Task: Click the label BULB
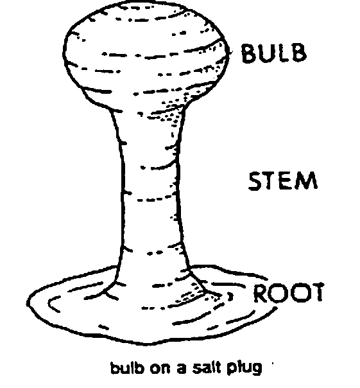point(274,53)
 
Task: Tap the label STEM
point(283,181)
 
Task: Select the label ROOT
point(289,292)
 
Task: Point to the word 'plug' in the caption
point(244,369)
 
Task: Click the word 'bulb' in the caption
point(127,367)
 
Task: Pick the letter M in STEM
point(307,181)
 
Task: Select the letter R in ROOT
point(261,293)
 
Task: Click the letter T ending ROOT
point(317,292)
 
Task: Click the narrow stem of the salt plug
point(151,188)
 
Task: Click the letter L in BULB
point(283,53)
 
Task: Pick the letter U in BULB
point(268,53)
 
